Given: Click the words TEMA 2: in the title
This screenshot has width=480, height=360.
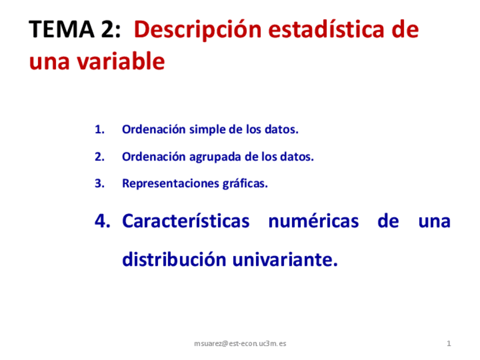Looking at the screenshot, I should coord(75,29).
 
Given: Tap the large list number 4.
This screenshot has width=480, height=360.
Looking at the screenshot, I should coord(102,221).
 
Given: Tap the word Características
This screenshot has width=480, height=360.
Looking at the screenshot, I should coord(186,221).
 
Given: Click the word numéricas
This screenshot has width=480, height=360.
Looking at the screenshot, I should coord(313,221).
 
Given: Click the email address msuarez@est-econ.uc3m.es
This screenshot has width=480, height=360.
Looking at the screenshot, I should coord(240,344).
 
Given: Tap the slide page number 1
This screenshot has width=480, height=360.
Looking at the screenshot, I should coord(448,344).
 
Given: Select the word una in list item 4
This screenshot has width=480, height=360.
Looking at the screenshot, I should coord(434,221).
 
